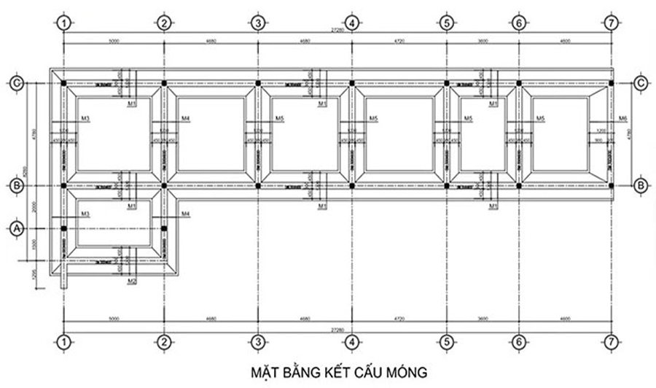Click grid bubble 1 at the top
(64, 23)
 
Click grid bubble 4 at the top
(352, 23)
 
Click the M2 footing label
(132, 281)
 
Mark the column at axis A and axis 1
(64, 229)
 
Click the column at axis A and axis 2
(164, 229)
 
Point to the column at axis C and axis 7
(612, 83)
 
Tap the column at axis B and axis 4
(352, 186)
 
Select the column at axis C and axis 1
(64, 83)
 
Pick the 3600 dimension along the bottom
(482, 319)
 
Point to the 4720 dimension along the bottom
(399, 319)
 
